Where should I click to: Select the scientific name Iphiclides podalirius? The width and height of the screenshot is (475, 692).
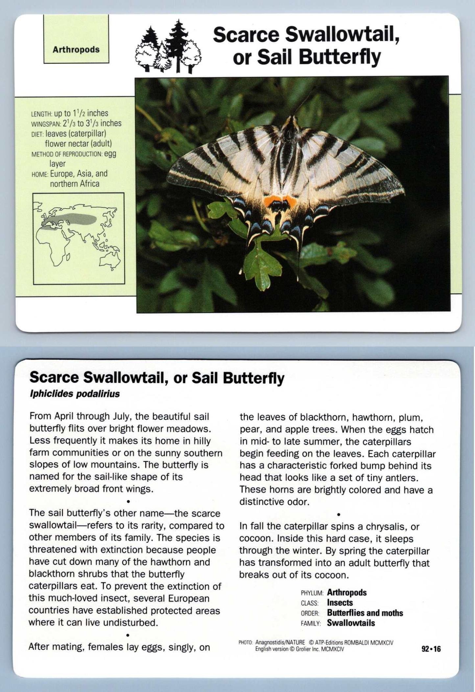click(75, 394)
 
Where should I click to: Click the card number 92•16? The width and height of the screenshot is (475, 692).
click(431, 649)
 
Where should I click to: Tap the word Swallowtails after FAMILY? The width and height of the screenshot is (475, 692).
click(351, 623)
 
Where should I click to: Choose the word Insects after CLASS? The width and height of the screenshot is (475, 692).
click(340, 603)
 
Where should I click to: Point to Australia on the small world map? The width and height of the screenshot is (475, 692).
click(109, 260)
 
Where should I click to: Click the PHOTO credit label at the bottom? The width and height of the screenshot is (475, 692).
click(245, 642)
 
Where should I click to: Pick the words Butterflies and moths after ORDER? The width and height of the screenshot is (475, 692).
click(365, 613)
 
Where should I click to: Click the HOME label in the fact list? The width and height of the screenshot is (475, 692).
click(40, 174)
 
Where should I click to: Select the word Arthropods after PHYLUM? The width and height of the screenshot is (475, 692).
click(346, 592)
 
